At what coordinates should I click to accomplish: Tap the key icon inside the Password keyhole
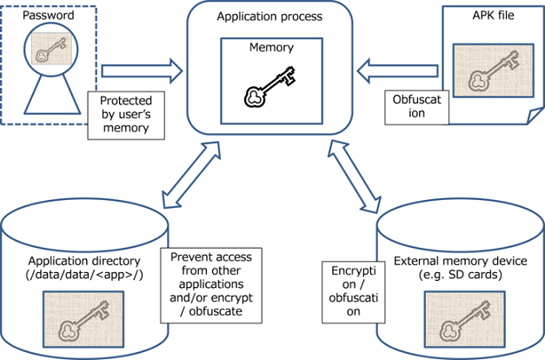(x=50, y=51)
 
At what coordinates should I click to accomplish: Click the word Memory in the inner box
(x=269, y=49)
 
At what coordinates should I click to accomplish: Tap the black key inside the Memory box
(x=269, y=88)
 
